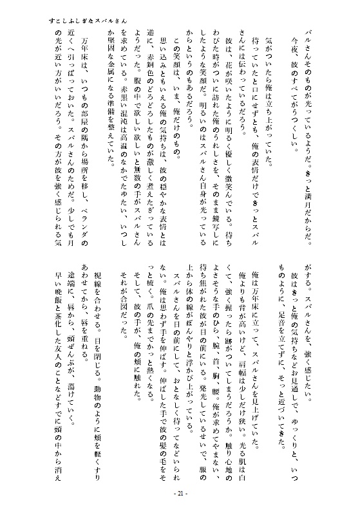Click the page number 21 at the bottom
tap(180, 493)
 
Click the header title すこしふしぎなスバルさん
tap(84, 21)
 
